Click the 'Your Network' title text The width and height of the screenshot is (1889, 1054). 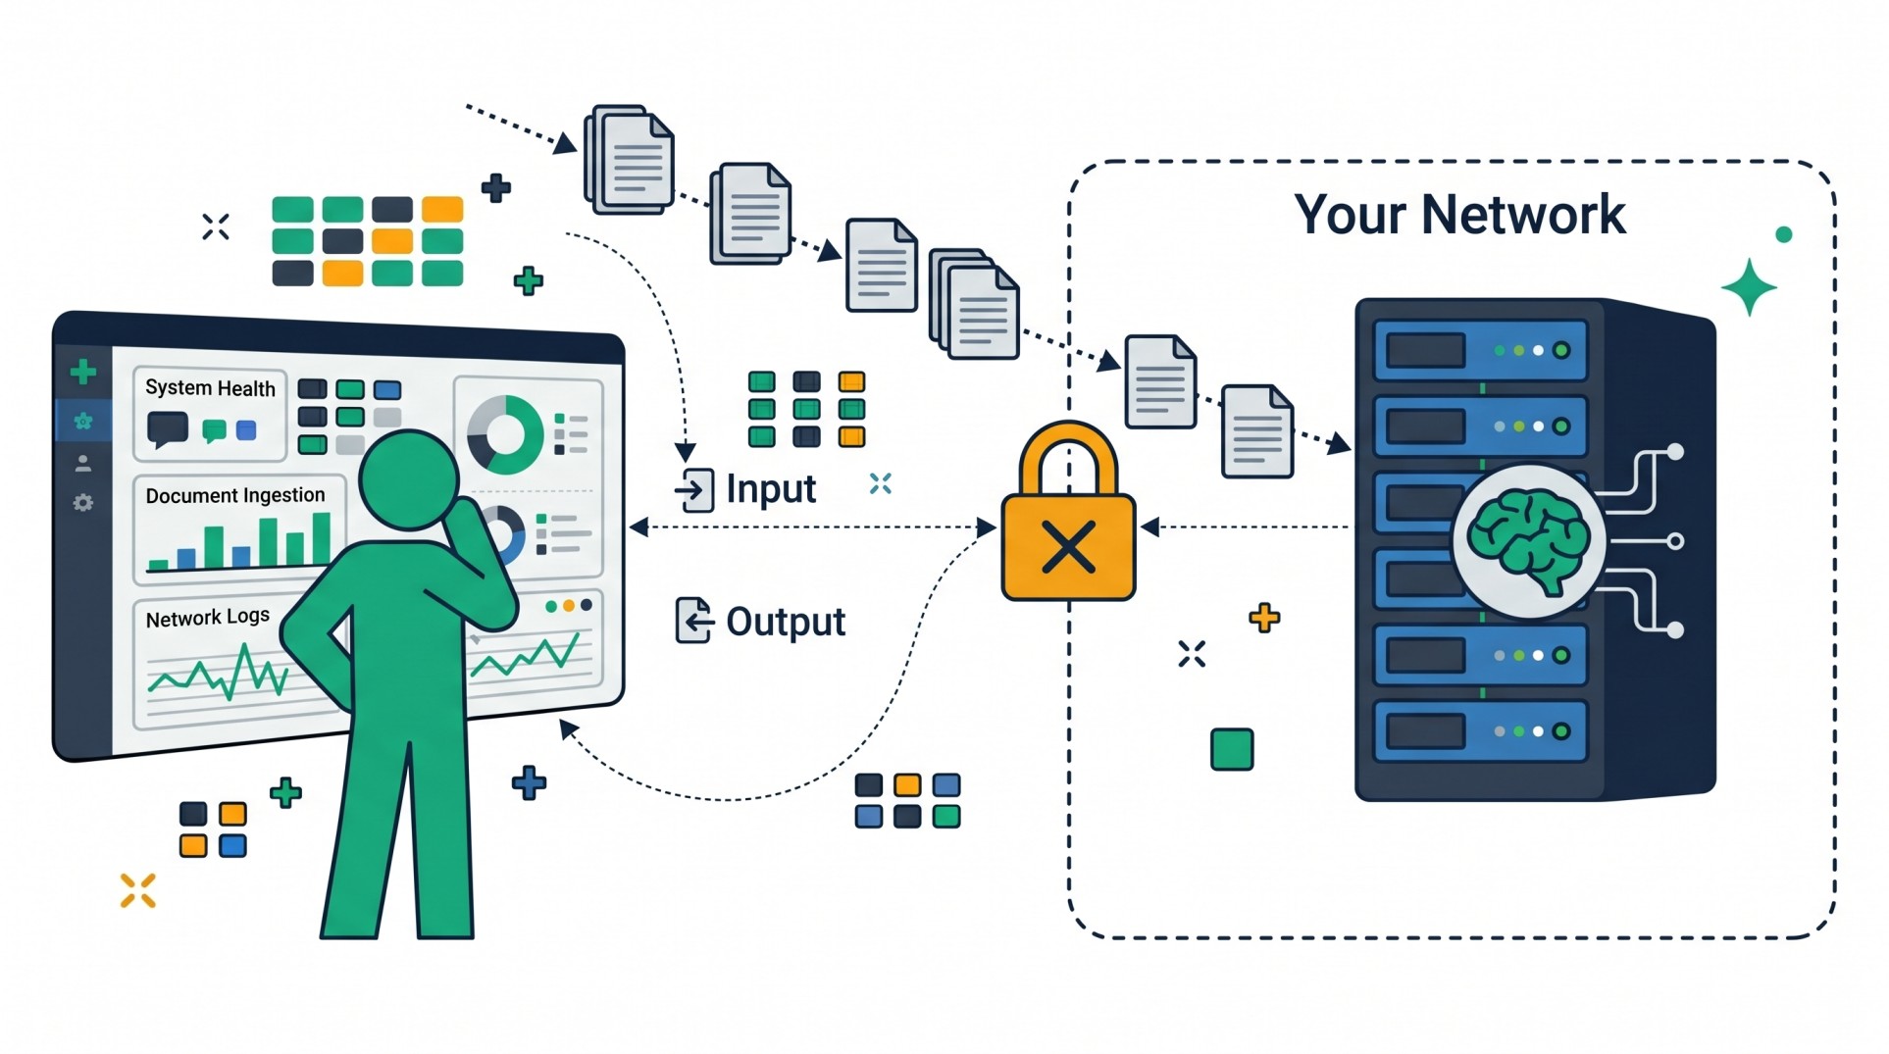(1458, 215)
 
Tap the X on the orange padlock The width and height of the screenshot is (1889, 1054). (1068, 546)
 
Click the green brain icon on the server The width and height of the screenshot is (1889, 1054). (1528, 540)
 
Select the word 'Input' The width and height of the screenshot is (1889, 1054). (771, 488)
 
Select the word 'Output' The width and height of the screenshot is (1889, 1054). (786, 622)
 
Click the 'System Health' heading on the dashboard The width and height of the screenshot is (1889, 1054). (210, 388)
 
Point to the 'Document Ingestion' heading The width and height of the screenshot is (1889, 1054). (235, 496)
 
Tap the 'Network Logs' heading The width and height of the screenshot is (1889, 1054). (207, 618)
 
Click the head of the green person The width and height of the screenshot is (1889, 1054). (407, 479)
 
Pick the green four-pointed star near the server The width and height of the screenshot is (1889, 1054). (1749, 287)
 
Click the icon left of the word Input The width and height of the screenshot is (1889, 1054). (694, 489)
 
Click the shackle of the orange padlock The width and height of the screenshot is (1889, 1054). (1068, 454)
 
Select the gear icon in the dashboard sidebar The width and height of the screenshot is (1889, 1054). (83, 503)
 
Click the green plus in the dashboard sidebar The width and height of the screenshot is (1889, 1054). (83, 372)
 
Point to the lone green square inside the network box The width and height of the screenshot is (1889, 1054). (1232, 749)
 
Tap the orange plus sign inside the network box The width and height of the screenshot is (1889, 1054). (1264, 618)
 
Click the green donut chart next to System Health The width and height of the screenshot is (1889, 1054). (506, 434)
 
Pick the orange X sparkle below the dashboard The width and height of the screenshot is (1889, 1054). (138, 890)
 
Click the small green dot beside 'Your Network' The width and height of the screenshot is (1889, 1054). (1783, 234)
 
